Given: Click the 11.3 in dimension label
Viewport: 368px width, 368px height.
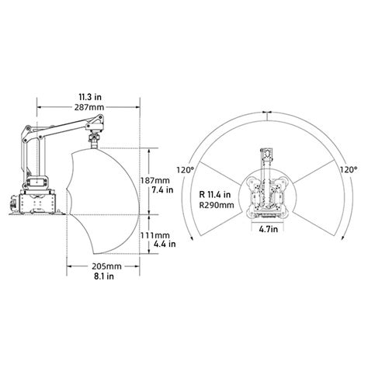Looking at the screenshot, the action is [x=90, y=97].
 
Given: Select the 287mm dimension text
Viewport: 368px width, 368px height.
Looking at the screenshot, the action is [x=89, y=107].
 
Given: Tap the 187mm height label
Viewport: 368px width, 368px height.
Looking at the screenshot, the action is [x=155, y=180].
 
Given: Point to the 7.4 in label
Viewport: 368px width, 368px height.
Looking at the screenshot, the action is [x=162, y=190].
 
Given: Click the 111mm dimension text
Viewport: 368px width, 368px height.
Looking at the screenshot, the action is [x=155, y=235].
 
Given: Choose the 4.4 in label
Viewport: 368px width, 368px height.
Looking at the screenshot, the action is [x=165, y=244].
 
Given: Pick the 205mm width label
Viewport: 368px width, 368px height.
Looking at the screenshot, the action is [x=106, y=266].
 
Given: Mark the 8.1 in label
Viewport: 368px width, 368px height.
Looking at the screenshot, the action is [x=104, y=276].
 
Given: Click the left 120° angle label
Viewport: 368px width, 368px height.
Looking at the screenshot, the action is [x=186, y=170].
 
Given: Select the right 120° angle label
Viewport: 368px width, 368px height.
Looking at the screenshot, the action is [x=349, y=170].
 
